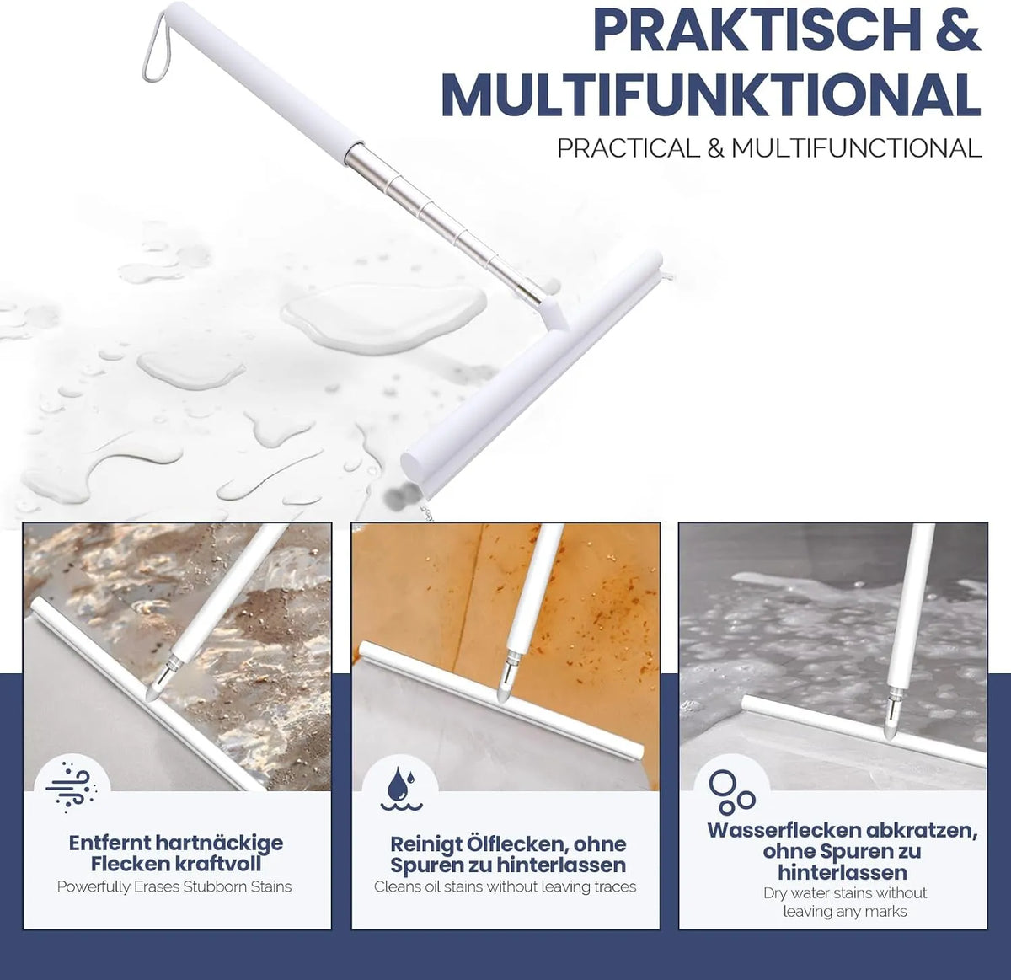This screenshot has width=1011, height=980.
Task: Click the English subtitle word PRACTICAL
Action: [629, 148]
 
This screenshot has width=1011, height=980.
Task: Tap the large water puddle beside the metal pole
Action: [383, 317]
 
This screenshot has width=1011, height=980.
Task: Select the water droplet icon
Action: [400, 788]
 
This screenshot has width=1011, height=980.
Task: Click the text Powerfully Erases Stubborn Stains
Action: [174, 887]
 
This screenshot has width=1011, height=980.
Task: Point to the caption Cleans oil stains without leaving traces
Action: [505, 887]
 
